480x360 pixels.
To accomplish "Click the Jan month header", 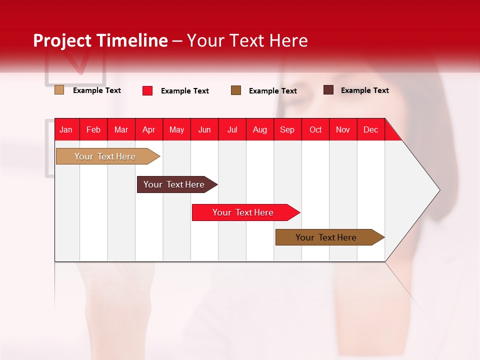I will coord(66,129).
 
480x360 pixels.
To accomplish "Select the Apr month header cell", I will coord(148,129).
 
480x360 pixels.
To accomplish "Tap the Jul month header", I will coord(232,129).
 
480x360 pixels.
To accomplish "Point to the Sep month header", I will coord(287,129).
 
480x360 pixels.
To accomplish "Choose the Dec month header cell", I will coord(370,129).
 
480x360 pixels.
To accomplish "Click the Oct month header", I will coord(315,129).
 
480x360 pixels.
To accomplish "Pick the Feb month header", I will coord(93,129).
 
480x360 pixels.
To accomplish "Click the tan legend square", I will coord(59,90).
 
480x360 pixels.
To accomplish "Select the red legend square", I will coord(147,90).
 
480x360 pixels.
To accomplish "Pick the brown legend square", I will coord(236,90).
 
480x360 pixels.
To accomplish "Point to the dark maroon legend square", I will coord(328,90).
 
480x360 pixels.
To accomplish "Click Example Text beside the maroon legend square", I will coord(364,90).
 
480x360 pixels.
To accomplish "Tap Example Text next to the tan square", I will coord(97,90).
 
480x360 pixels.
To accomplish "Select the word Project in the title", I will coord(63,40).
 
